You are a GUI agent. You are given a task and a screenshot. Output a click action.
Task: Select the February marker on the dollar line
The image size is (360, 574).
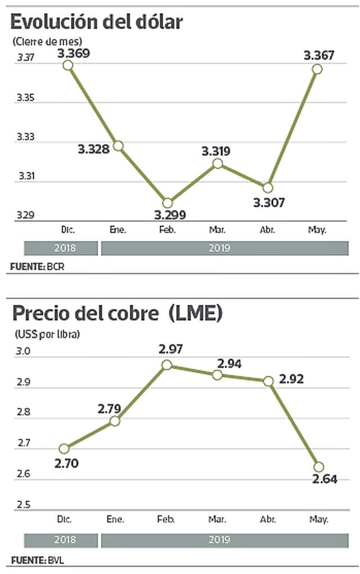coord(166,203)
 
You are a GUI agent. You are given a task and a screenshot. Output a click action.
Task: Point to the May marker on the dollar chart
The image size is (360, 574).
coord(317,69)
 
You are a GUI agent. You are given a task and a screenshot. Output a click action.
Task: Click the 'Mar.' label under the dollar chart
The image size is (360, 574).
coord(216,230)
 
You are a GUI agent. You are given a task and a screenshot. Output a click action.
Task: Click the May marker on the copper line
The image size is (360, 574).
coord(318,467)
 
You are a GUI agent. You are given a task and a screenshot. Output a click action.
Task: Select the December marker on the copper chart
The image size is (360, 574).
coord(64,449)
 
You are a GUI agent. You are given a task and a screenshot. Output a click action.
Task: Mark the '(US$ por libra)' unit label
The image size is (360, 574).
coord(47,333)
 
